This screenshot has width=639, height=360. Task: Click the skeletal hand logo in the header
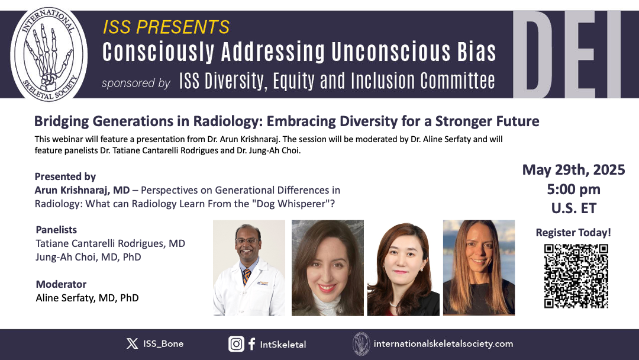coord(49,54)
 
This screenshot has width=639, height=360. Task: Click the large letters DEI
coord(567,54)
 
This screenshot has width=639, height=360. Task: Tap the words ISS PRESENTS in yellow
coord(166,27)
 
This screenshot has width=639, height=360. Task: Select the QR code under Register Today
coord(576,275)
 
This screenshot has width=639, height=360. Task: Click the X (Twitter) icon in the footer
coord(132,343)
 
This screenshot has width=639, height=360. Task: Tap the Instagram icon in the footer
coord(236,343)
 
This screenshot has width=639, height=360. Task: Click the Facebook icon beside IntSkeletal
coord(252,343)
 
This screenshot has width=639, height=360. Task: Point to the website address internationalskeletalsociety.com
coord(443,343)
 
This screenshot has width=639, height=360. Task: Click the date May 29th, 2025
coord(573,169)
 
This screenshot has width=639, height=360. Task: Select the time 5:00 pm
coord(573,189)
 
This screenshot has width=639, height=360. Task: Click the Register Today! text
coord(573,232)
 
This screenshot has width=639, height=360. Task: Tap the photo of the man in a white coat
coord(249,268)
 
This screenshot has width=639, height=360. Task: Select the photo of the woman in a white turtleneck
coord(328,268)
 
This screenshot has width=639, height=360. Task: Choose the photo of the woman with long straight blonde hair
coord(479,268)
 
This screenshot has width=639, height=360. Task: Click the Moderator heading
coord(61,284)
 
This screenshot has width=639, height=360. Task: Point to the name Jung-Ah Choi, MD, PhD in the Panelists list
coord(88,257)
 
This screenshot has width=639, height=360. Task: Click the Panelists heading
coord(56,230)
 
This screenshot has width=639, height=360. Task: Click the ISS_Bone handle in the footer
coord(163,343)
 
